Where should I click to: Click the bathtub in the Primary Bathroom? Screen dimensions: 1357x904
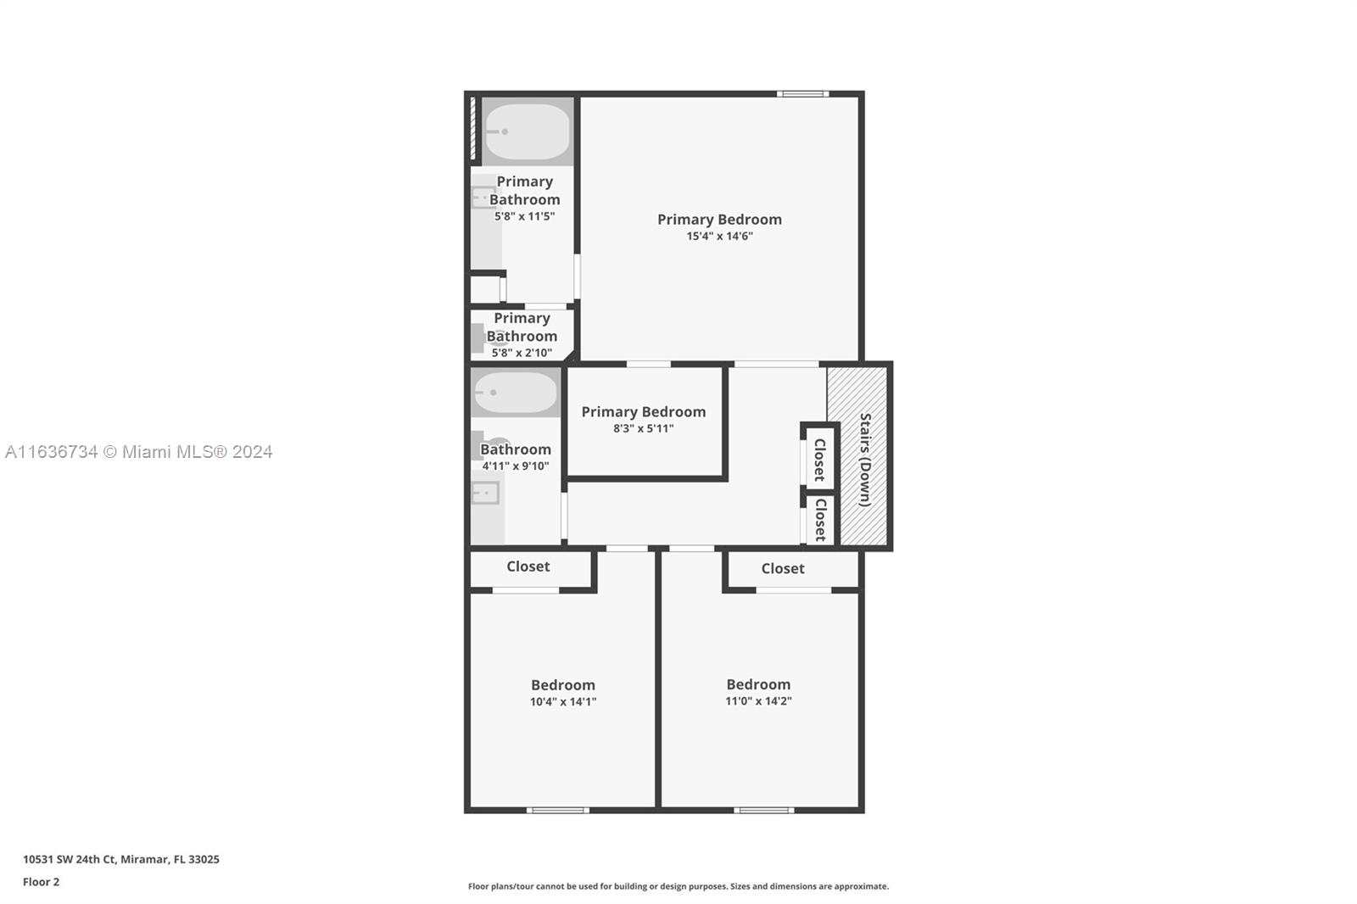(x=528, y=131)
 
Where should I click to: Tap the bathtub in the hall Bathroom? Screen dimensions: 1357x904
(x=516, y=393)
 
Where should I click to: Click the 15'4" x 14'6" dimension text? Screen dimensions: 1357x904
(x=720, y=237)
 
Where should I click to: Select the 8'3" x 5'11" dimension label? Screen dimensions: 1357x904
(x=644, y=428)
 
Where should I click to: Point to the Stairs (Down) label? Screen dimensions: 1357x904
(x=866, y=460)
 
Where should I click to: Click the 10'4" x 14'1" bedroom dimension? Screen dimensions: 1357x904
(x=563, y=701)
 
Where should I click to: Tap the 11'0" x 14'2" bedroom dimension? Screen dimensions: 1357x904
(x=758, y=701)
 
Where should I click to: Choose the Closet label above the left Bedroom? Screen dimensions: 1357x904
(x=528, y=566)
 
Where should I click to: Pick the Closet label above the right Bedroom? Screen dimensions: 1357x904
(x=783, y=568)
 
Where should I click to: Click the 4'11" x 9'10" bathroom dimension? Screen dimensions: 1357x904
(x=516, y=466)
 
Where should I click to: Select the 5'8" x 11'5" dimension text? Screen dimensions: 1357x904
(x=525, y=216)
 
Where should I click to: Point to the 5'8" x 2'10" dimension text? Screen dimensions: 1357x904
(x=522, y=353)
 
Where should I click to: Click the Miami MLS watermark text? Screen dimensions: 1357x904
(x=139, y=452)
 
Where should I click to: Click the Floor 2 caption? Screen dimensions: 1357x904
(x=42, y=882)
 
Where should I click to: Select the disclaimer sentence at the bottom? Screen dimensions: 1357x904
(x=678, y=886)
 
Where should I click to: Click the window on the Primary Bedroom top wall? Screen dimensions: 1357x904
(x=802, y=94)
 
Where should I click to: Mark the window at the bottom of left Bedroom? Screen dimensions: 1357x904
(x=558, y=810)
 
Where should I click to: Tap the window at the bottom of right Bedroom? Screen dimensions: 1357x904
(x=764, y=810)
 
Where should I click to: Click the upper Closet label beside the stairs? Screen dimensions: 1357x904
(x=819, y=460)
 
